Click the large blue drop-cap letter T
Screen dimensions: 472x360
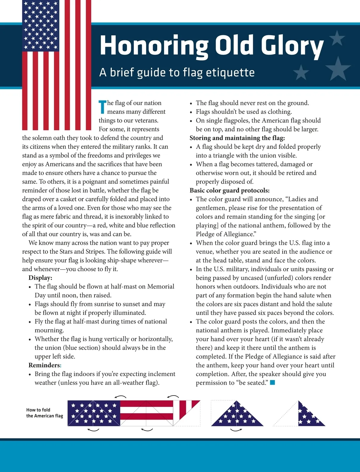103,107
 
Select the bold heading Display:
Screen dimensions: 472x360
40,278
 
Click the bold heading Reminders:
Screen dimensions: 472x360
45,365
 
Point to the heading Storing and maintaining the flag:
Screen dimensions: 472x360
237,138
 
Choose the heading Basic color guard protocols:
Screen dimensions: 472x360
229,190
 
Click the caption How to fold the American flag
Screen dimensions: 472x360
44,413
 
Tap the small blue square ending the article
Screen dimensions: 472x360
272,382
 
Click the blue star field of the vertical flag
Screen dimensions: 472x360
40,25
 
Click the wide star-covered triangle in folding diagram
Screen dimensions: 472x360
237,415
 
